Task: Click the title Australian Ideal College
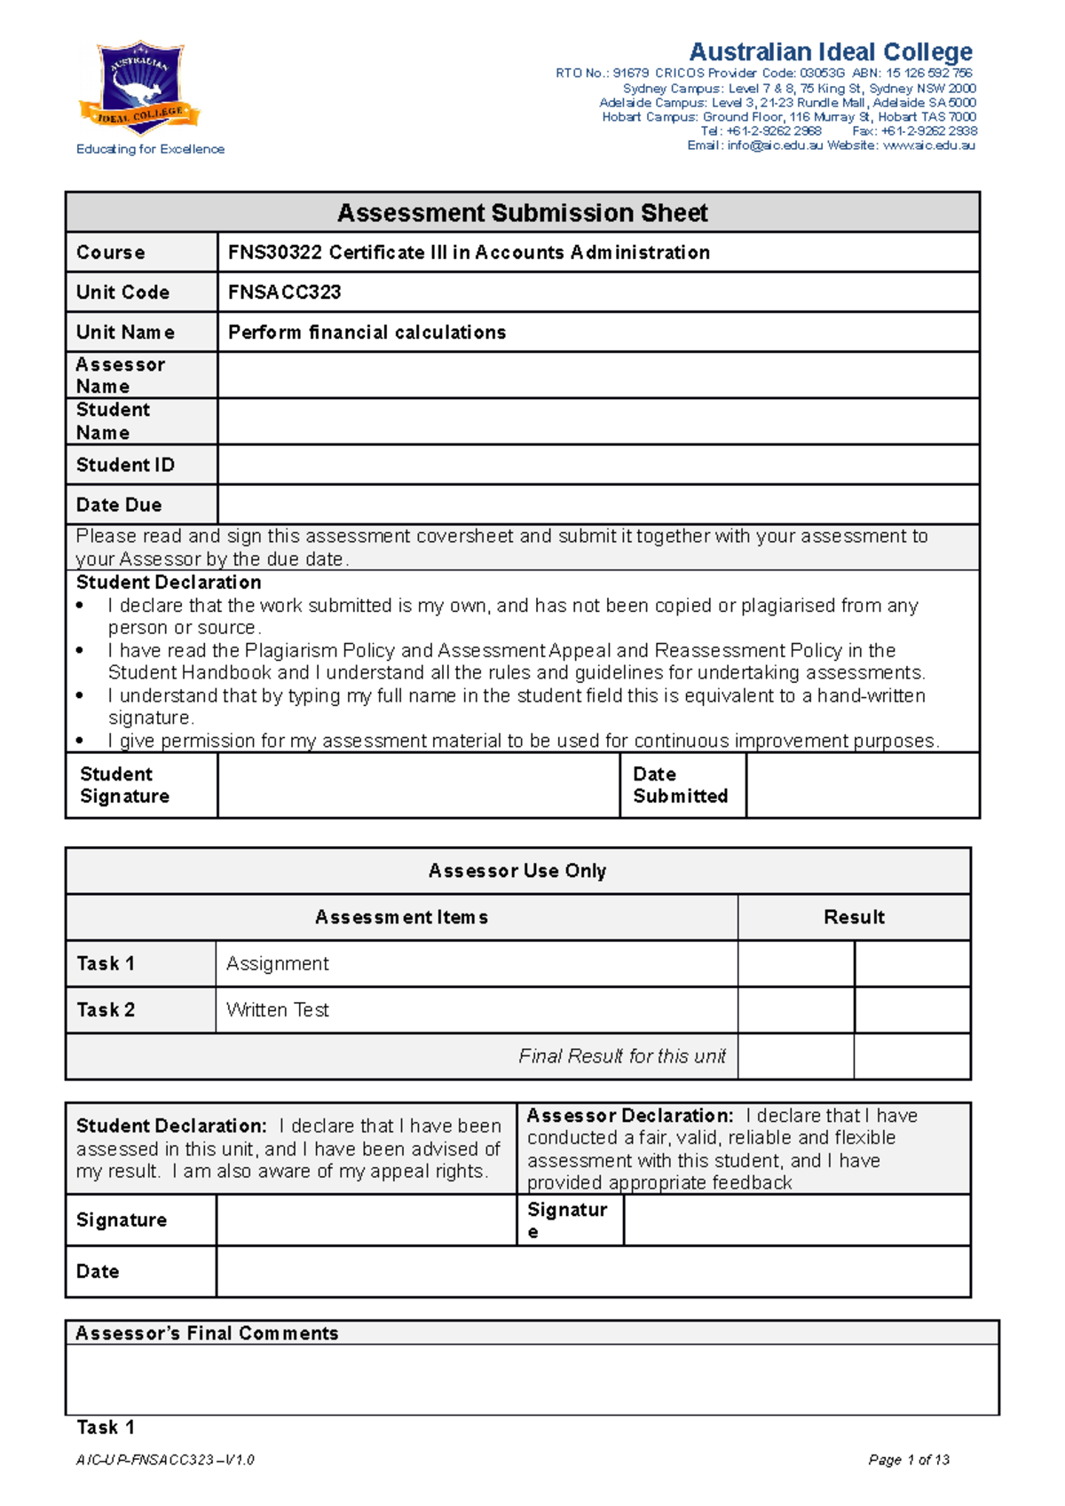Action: (831, 52)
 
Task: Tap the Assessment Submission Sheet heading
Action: (522, 213)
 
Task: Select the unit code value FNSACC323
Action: (284, 292)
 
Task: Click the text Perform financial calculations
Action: (367, 332)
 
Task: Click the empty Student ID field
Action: (597, 465)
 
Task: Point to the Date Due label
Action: (119, 505)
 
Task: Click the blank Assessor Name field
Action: (597, 375)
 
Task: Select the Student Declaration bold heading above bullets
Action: (169, 582)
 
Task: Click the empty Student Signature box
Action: (418, 785)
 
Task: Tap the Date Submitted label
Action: (680, 785)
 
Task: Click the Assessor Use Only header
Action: (517, 871)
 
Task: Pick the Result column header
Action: (854, 917)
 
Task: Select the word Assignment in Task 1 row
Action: (277, 963)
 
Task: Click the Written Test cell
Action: (277, 1009)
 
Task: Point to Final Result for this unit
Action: (621, 1055)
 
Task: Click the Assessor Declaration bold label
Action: (629, 1116)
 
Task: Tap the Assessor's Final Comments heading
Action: (207, 1333)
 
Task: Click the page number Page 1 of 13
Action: (909, 1460)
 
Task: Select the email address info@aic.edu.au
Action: (775, 145)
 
